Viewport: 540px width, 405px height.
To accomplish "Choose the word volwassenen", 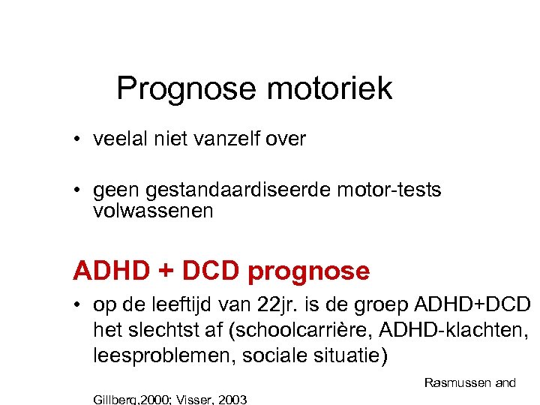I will [x=153, y=211].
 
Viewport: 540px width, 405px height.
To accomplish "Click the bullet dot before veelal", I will [x=78, y=140].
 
